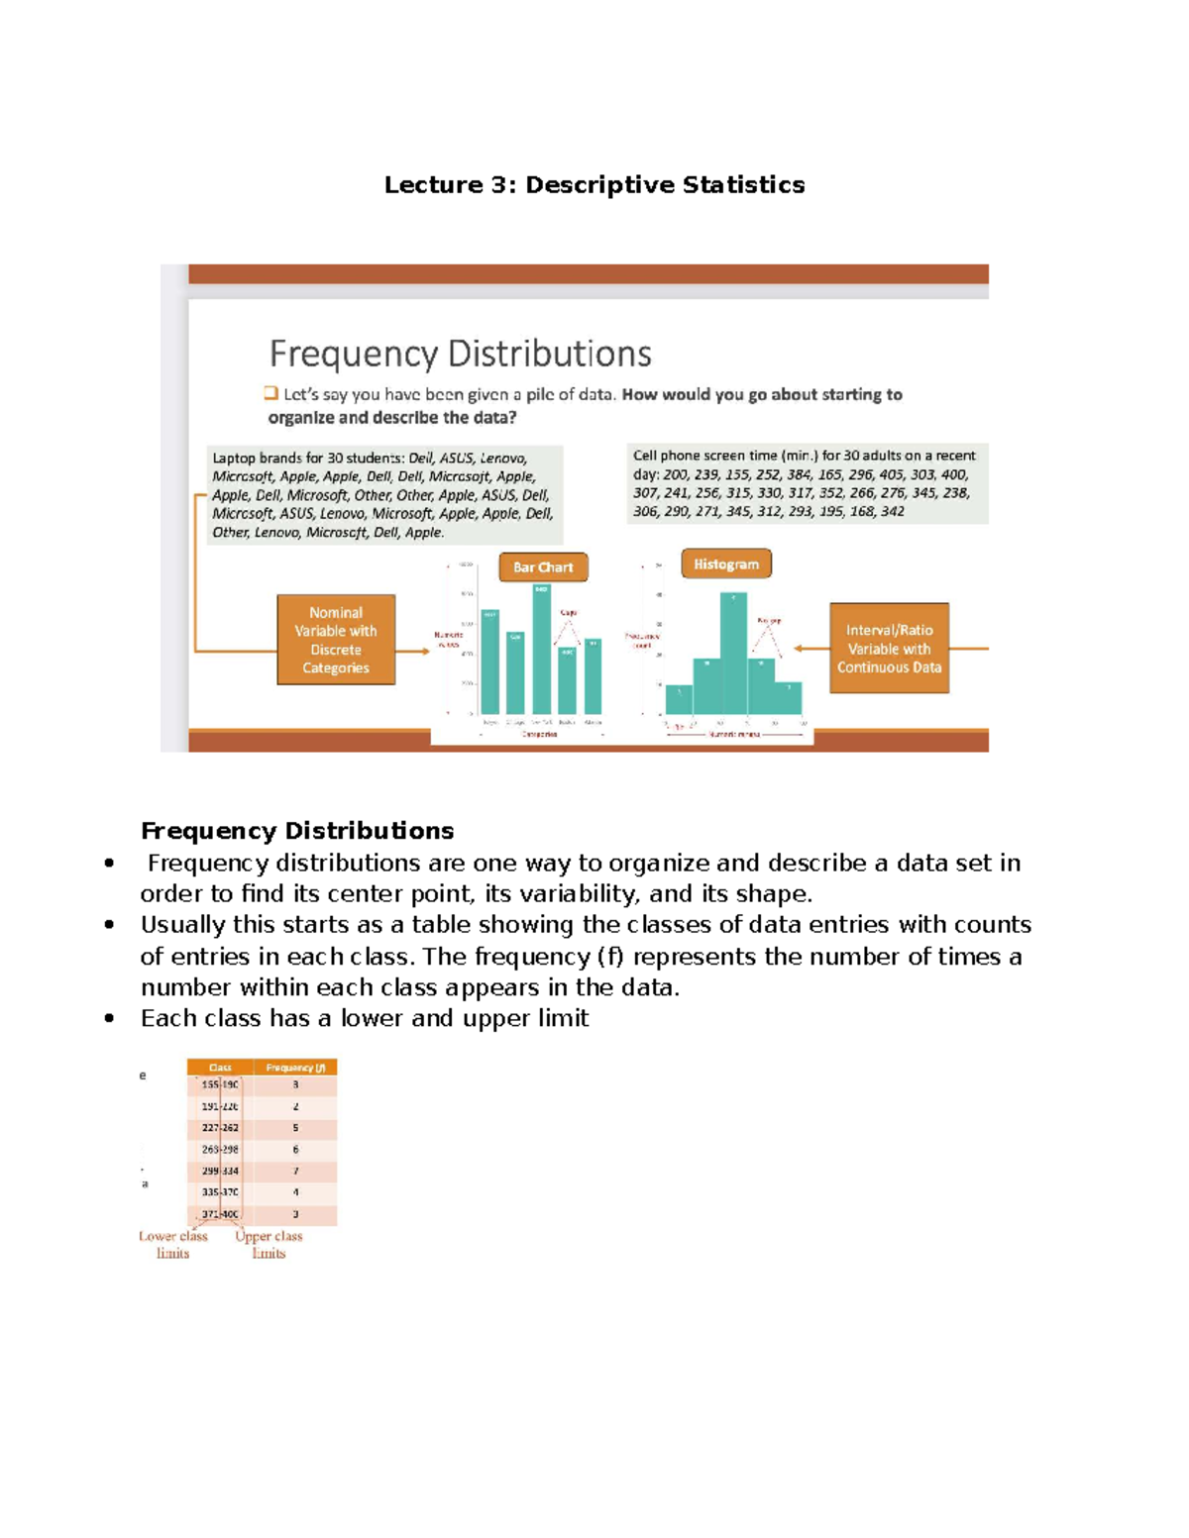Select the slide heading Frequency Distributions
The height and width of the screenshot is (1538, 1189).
pyautogui.click(x=460, y=354)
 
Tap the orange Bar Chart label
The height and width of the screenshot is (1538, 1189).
pyautogui.click(x=543, y=567)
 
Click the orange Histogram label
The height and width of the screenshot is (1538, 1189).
pyautogui.click(x=725, y=564)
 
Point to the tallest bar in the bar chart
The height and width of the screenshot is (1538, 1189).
pyautogui.click(x=541, y=649)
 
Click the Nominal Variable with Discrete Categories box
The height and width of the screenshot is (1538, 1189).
pyautogui.click(x=336, y=640)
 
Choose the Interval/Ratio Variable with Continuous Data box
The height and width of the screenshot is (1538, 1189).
pyautogui.click(x=889, y=649)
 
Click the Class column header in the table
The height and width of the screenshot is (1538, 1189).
pyautogui.click(x=220, y=1068)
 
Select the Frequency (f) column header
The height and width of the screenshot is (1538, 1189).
pyautogui.click(x=295, y=1068)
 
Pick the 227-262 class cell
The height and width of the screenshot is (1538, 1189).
pyautogui.click(x=220, y=1128)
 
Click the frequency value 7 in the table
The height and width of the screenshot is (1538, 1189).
pyautogui.click(x=295, y=1171)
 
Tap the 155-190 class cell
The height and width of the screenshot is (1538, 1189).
pyautogui.click(x=220, y=1085)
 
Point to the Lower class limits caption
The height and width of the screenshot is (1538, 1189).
pyautogui.click(x=173, y=1245)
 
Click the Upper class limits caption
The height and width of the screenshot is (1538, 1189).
pyautogui.click(x=269, y=1245)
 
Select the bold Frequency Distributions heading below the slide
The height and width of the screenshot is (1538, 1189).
pyautogui.click(x=297, y=831)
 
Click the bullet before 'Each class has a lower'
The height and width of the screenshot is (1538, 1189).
pyautogui.click(x=109, y=1019)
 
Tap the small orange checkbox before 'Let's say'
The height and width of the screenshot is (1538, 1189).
pyautogui.click(x=271, y=393)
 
